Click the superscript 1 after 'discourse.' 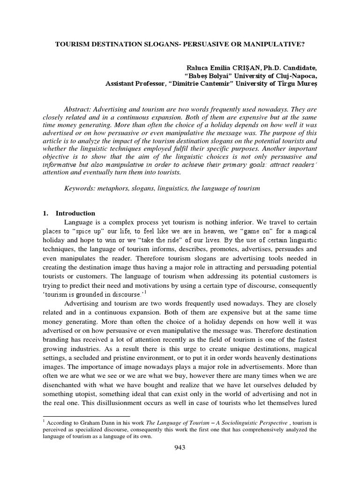(x=146, y=292)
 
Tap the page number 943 (x=180, y=447)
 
